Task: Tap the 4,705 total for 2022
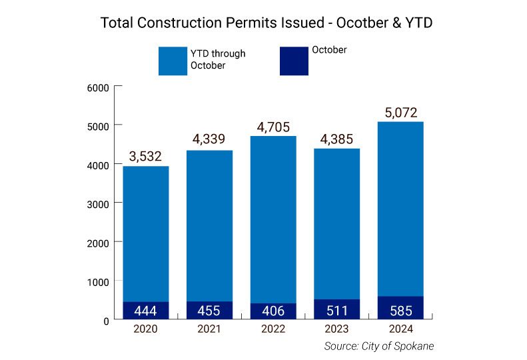click(272, 127)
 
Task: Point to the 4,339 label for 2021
click(209, 140)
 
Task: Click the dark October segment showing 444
click(146, 311)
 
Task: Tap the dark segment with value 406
click(272, 311)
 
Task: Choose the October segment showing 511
click(337, 309)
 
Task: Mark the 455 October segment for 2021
click(209, 311)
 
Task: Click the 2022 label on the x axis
click(272, 329)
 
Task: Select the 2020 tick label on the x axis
click(146, 329)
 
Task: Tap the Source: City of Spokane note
click(379, 346)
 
